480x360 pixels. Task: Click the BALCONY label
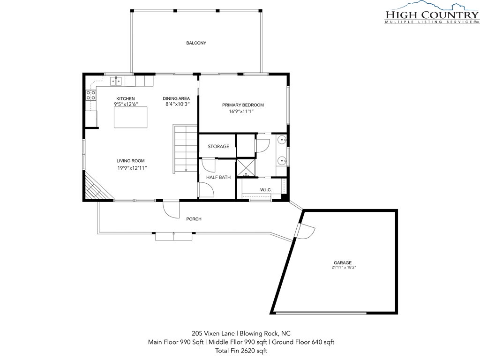tap(196, 43)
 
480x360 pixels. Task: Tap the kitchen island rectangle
tap(130, 117)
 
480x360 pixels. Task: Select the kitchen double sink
tap(116, 81)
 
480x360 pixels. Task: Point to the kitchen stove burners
tap(91, 95)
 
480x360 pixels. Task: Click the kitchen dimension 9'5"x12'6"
tap(126, 104)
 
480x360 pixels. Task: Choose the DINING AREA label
tap(176, 98)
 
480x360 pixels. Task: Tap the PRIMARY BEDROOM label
tap(243, 105)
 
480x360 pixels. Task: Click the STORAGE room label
tap(218, 146)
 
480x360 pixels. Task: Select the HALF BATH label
tap(218, 177)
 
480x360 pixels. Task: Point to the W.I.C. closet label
tap(266, 190)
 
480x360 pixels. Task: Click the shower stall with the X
tap(246, 167)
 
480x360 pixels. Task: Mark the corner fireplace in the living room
tap(96, 187)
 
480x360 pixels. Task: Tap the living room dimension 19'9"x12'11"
tap(132, 168)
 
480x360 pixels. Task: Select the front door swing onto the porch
tap(171, 209)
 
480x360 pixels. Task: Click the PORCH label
tap(194, 219)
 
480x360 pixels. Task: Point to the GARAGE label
tap(343, 262)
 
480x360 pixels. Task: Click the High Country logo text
tap(432, 15)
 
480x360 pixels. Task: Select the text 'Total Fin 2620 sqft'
tap(241, 351)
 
